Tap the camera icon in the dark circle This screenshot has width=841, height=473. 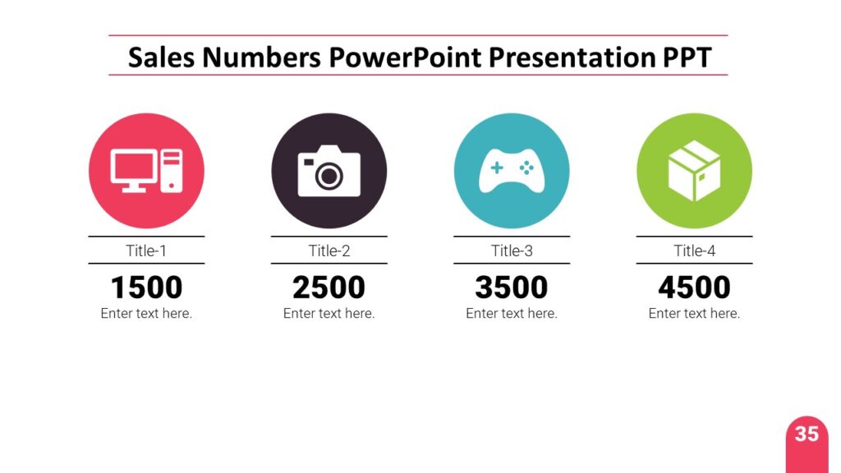click(x=329, y=171)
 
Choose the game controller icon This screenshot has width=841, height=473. click(x=511, y=171)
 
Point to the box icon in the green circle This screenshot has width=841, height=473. click(x=694, y=171)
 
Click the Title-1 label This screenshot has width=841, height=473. click(x=146, y=250)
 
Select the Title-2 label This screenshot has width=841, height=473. click(x=329, y=250)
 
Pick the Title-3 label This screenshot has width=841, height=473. click(x=512, y=250)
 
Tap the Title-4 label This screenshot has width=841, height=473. click(x=694, y=250)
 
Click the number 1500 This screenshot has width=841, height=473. click(x=146, y=287)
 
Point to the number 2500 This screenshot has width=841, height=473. click(x=329, y=287)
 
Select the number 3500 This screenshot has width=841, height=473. click(x=512, y=287)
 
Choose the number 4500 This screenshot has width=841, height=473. click(x=694, y=287)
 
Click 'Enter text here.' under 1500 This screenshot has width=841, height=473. click(x=146, y=314)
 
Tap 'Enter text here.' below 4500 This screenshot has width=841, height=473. click(x=694, y=314)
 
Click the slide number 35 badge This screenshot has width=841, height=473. click(x=807, y=434)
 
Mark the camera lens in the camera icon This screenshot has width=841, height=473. click(x=329, y=175)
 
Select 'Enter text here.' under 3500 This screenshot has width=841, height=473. click(x=512, y=314)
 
